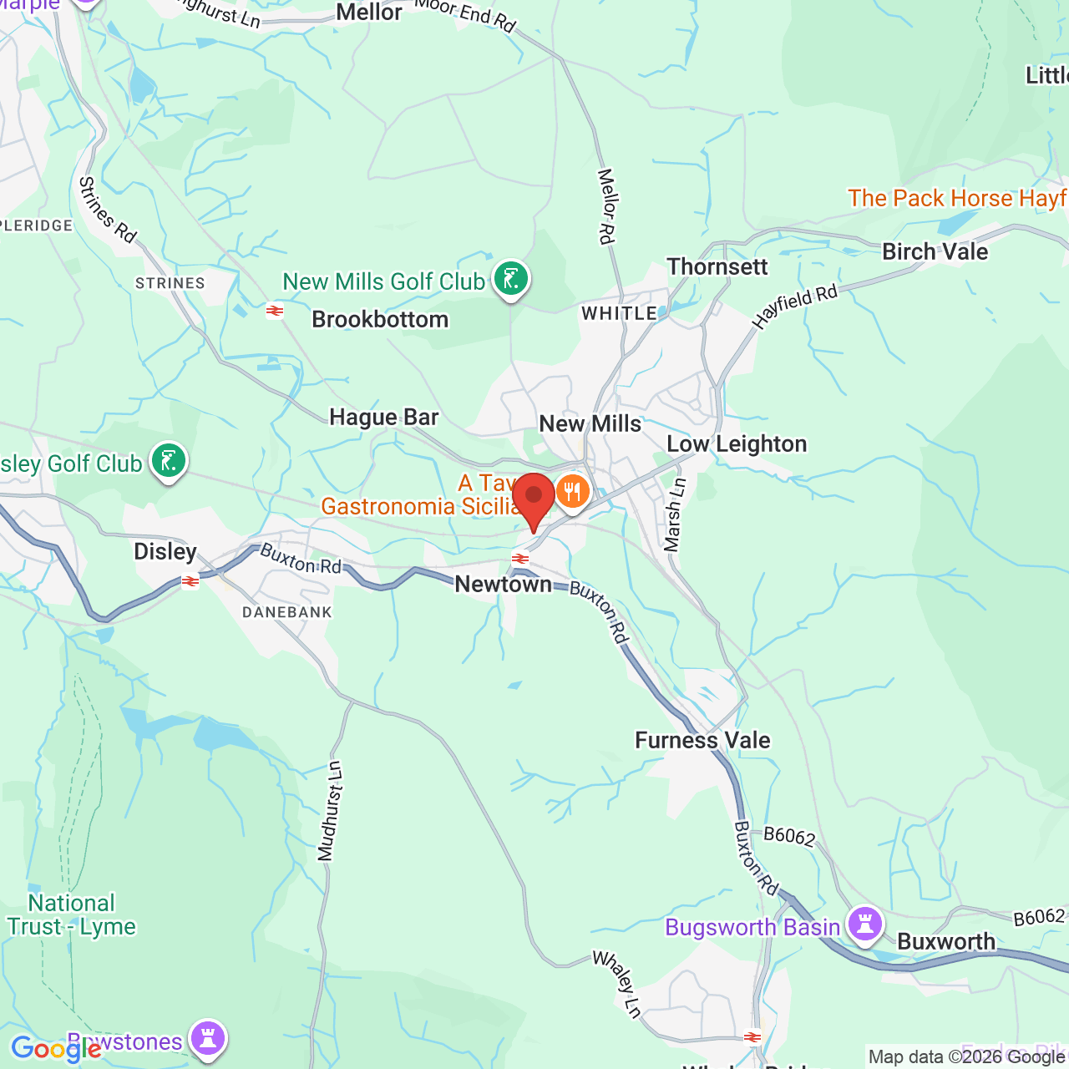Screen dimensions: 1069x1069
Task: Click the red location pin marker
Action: click(x=534, y=499)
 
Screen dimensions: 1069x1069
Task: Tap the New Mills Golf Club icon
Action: click(x=510, y=279)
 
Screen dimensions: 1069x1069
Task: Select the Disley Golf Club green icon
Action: click(x=169, y=461)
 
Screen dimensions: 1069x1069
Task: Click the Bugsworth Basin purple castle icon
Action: click(x=864, y=924)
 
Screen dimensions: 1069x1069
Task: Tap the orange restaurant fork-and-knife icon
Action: click(x=572, y=492)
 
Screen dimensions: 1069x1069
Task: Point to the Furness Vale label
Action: click(x=702, y=740)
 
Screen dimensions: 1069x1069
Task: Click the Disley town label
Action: click(x=165, y=551)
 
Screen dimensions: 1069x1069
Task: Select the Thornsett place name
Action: click(x=717, y=266)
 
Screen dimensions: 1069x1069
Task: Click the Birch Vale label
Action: click(x=935, y=251)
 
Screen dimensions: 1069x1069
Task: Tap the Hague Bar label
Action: click(x=383, y=417)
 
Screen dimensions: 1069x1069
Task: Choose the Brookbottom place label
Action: click(x=380, y=319)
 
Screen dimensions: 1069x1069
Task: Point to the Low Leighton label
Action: click(x=737, y=443)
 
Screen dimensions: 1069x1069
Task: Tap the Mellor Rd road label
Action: click(x=606, y=206)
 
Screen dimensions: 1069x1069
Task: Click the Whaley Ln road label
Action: click(x=617, y=984)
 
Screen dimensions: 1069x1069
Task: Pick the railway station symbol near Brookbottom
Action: click(x=275, y=312)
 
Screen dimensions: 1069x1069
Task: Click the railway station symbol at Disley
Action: click(x=190, y=581)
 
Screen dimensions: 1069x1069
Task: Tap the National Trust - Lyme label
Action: click(x=71, y=914)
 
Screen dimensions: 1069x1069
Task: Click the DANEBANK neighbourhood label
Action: click(x=286, y=612)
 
